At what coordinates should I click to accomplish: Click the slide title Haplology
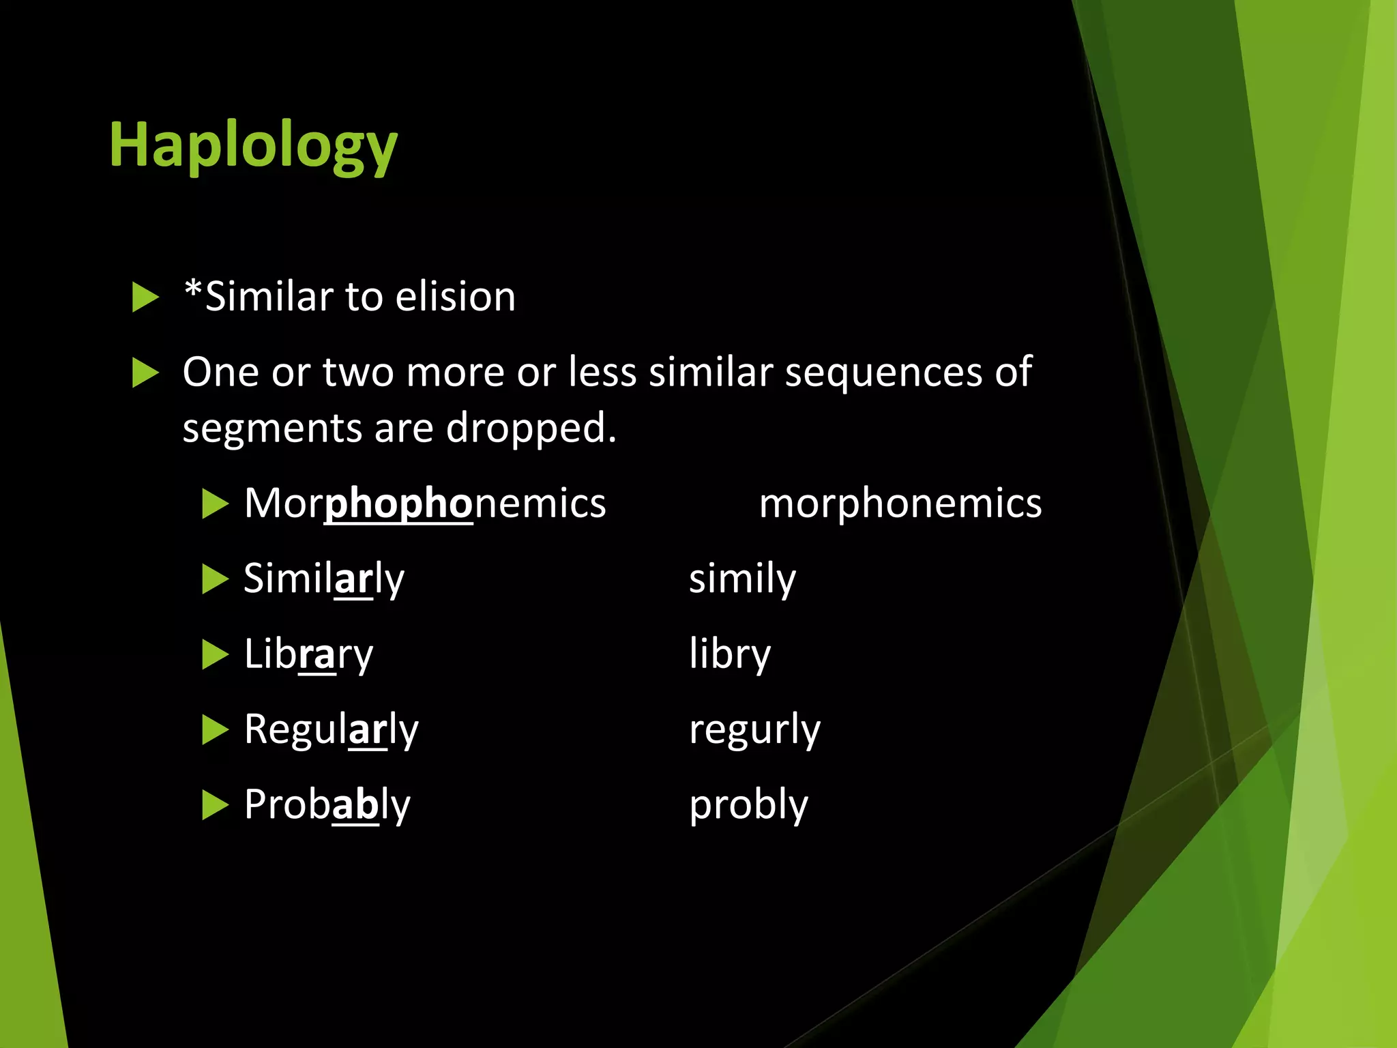pos(253,145)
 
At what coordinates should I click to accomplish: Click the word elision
pos(455,297)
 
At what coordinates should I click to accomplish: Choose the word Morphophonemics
pos(425,504)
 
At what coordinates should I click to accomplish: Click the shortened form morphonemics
pos(900,504)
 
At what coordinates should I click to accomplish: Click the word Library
pos(308,655)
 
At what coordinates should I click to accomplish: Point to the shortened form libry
pos(730,655)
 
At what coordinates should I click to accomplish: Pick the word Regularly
pos(332,730)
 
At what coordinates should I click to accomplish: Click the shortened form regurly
pos(754,730)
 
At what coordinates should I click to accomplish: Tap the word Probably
pos(327,805)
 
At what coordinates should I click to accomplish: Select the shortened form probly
pos(748,805)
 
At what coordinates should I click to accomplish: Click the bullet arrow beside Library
pos(215,655)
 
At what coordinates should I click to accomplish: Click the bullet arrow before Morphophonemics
pos(215,504)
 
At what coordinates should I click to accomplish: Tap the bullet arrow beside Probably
pos(215,805)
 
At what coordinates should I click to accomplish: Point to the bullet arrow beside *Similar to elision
pos(145,297)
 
